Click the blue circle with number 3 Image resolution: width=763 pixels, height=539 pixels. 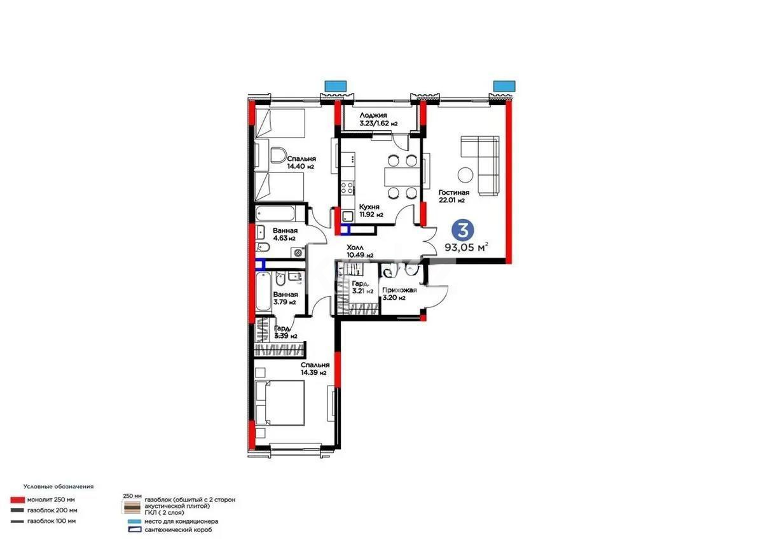(463, 230)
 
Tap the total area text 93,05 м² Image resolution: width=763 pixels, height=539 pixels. (467, 247)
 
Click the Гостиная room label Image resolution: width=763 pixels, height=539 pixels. (454, 193)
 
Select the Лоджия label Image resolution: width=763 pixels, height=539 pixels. (373, 116)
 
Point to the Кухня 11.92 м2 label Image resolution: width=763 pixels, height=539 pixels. (371, 211)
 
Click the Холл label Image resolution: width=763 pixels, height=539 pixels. (355, 248)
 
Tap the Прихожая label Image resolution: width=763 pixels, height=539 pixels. (399, 290)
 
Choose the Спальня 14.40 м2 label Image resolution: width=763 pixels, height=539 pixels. (301, 163)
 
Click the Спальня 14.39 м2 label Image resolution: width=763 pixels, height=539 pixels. (315, 368)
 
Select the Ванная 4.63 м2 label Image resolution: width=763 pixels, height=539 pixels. (285, 234)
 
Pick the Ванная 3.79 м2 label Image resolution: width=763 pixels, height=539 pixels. (285, 298)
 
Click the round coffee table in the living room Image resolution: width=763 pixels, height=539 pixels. (465, 176)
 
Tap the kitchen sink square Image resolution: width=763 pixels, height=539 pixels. (348, 216)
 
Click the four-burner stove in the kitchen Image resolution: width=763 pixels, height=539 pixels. (347, 188)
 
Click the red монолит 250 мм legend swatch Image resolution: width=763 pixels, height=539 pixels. (17, 500)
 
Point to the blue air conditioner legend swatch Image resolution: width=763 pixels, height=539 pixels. (134, 521)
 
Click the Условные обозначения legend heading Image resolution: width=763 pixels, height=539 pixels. (58, 486)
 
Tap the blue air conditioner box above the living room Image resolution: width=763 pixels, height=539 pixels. (504, 86)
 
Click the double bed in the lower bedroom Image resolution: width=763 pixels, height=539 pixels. (280, 403)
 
